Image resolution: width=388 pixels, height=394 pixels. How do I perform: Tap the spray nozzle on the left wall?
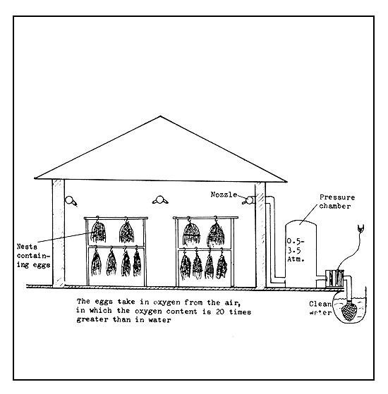point(71,200)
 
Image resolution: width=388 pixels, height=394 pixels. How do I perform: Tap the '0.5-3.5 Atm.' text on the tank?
point(296,249)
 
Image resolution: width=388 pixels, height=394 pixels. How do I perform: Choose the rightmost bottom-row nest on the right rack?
point(224,266)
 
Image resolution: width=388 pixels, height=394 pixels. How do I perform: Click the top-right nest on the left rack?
point(128,231)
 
